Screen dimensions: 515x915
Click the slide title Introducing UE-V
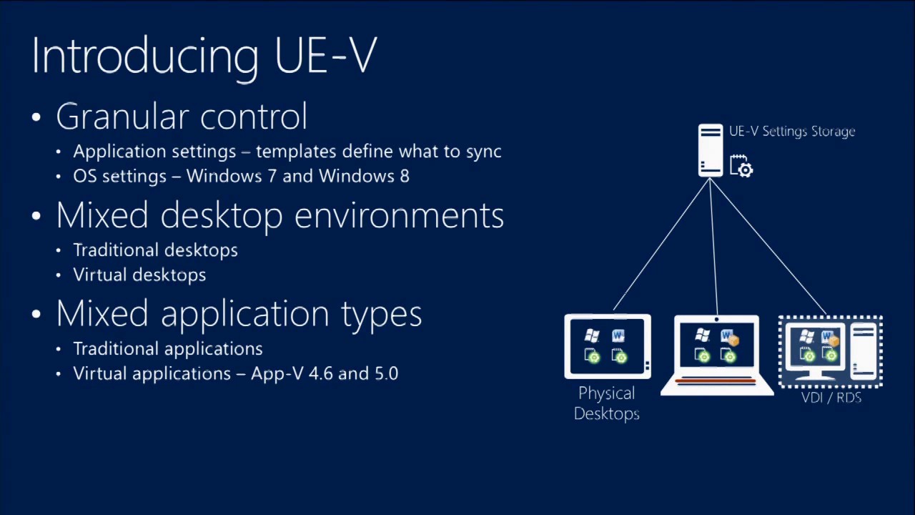point(204,55)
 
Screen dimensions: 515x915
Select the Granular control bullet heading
point(182,117)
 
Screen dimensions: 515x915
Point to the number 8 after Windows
point(405,176)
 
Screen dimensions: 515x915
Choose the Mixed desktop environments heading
point(280,215)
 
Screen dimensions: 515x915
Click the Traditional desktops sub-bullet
point(155,250)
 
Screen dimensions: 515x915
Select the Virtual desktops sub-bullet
point(139,275)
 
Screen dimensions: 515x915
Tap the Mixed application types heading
point(239,314)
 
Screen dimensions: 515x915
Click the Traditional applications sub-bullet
point(167,349)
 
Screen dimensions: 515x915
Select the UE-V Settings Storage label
point(792,132)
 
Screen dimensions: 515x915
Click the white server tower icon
point(711,150)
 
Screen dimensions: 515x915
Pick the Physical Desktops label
point(606,403)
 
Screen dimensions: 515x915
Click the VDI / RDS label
point(831,398)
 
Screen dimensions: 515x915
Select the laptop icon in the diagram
point(716,355)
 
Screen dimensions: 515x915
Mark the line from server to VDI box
point(768,247)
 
